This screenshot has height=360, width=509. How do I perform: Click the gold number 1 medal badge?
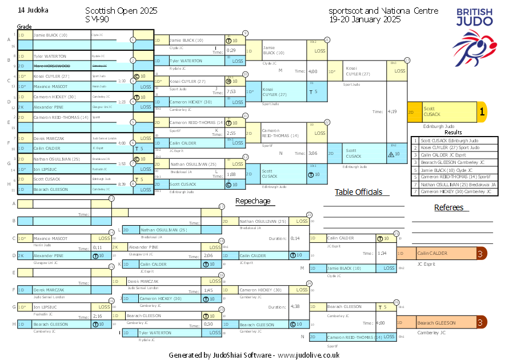[x=482, y=113]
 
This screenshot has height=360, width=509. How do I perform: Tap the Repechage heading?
[x=253, y=201]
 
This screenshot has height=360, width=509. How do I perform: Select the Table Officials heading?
[x=358, y=192]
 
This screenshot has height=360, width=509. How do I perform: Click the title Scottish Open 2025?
[x=121, y=11]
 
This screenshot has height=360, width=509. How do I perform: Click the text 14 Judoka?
[x=33, y=10]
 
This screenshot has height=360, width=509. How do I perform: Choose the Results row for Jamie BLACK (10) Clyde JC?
[x=447, y=170]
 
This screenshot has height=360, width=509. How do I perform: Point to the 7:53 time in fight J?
[x=231, y=91]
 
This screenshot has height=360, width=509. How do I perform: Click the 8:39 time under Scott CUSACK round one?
[x=122, y=184]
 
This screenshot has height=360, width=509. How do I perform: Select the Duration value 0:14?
[x=295, y=238]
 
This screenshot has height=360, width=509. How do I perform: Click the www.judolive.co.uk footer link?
[x=309, y=355]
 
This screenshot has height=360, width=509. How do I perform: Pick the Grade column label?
[x=24, y=27]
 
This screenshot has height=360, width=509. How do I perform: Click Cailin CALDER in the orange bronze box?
[x=432, y=253]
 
